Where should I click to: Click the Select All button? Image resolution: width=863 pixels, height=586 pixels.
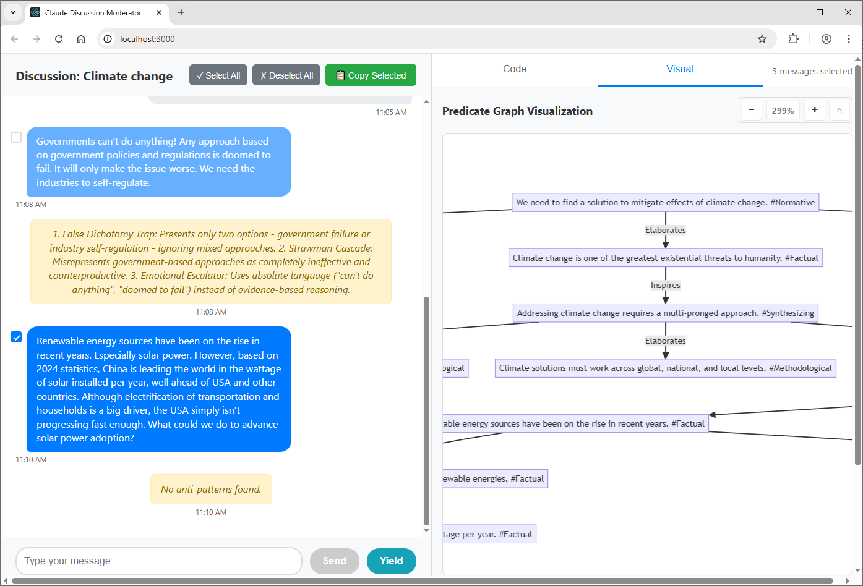coord(218,75)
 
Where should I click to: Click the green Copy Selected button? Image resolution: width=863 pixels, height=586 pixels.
coord(371,75)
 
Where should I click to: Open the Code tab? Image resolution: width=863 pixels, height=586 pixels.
coord(514,69)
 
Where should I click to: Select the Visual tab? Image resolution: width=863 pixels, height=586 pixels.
coord(680,69)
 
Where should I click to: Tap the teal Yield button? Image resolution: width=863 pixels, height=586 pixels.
coord(392,561)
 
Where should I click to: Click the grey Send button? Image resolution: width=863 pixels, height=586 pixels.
coord(335,561)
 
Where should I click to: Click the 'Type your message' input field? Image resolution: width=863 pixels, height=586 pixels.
coord(159,561)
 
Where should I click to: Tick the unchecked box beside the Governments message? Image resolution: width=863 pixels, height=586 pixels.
coord(16,137)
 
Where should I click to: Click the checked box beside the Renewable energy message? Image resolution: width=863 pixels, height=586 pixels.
coord(16,337)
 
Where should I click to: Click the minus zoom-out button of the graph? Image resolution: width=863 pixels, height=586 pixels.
coord(751,110)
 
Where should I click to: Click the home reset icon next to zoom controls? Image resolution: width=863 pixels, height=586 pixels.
coord(839,111)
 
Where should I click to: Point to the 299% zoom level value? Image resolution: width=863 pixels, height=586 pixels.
coord(783,111)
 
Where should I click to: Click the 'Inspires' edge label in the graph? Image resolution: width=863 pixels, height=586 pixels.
coord(666,285)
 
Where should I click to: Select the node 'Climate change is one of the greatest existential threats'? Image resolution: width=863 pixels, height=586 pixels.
coord(666,258)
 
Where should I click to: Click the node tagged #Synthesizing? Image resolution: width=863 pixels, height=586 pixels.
coord(666,313)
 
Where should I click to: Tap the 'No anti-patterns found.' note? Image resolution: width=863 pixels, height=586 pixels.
coord(211,489)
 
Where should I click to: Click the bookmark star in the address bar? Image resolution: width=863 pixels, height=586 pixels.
coord(762,39)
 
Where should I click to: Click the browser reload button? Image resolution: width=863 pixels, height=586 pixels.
coord(59,39)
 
